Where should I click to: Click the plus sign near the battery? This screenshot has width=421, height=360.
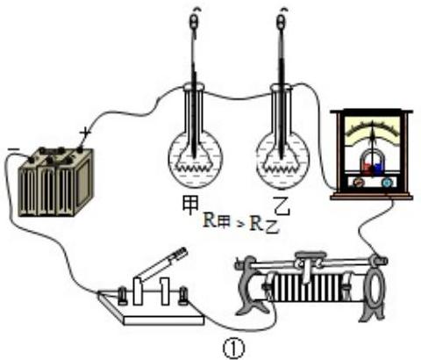click(x=86, y=133)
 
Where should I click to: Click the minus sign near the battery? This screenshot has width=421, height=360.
click(x=14, y=149)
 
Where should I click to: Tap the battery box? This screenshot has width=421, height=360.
click(x=55, y=182)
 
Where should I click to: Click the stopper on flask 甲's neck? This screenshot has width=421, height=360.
click(x=194, y=87)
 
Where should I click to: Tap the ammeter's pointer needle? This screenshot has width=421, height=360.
click(x=373, y=134)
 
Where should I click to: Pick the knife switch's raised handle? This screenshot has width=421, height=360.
click(x=161, y=263)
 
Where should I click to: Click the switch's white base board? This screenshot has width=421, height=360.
click(x=151, y=310)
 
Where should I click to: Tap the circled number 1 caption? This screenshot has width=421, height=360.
click(x=233, y=349)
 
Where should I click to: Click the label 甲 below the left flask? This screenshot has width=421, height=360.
click(x=190, y=204)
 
